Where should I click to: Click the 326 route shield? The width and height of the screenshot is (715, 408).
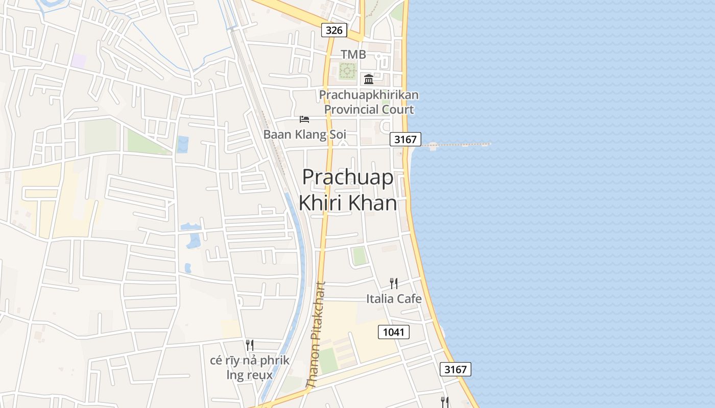tap(334, 30)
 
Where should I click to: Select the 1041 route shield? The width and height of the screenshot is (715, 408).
tap(393, 332)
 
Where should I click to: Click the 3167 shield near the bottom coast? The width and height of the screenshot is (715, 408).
tap(455, 369)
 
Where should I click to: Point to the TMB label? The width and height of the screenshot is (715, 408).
tap(353, 55)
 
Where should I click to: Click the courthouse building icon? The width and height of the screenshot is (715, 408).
tap(369, 79)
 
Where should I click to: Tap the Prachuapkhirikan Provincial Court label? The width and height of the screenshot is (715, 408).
tap(369, 102)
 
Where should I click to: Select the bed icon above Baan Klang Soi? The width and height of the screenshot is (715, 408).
tap(304, 119)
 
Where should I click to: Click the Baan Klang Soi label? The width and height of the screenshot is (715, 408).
tap(304, 135)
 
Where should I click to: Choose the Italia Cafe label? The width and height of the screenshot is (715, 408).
tap(394, 298)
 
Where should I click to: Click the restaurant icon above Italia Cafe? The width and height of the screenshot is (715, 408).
tap(393, 284)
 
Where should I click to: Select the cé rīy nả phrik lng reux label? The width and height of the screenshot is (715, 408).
tap(250, 368)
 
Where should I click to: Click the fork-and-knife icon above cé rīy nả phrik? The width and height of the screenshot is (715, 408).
tap(249, 345)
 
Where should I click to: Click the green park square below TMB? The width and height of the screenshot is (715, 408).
tap(347, 70)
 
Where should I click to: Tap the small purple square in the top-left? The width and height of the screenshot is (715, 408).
tap(78, 61)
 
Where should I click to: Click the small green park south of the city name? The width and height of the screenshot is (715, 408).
tap(360, 256)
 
